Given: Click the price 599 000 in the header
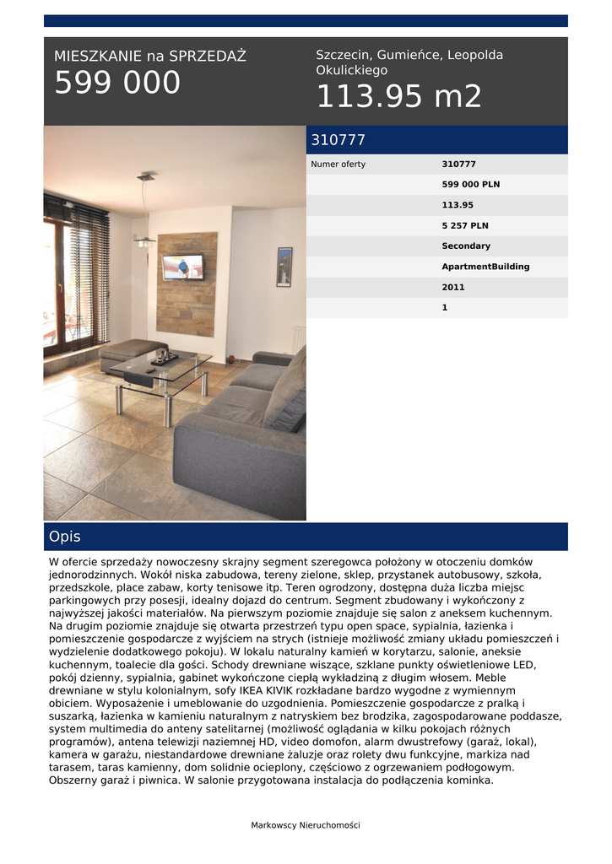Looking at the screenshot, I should point(117,84).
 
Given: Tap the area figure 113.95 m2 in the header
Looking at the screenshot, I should point(398,97).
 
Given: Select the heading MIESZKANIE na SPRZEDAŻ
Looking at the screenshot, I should point(150,57).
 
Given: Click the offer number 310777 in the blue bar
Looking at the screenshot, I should point(338,140).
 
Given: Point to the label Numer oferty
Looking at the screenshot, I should point(338,165).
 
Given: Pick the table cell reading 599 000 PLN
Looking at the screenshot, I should point(470,185).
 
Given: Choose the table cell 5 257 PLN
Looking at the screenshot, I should point(465,226).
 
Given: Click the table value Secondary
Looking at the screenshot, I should point(466,246).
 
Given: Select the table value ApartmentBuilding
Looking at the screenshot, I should point(485,267).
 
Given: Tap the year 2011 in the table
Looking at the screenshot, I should point(453,288).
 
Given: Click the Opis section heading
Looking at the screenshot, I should point(65,537).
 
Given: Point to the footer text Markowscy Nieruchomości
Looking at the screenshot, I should point(306,825).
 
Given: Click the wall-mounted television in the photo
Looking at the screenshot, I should point(182,267).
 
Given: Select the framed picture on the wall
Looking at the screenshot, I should point(284,267).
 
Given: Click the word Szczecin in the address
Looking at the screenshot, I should point(342,55).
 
